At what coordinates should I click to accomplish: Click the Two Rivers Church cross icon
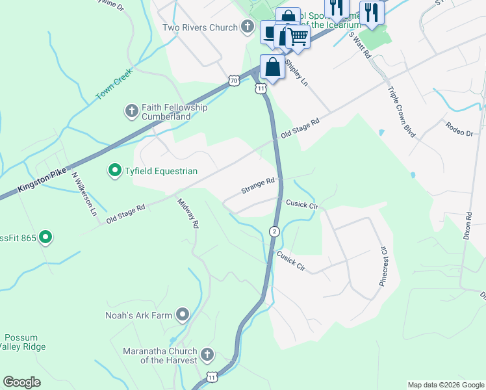click(247, 27)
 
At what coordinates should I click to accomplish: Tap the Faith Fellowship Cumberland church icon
click(132, 111)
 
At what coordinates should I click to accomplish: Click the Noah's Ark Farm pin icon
click(183, 315)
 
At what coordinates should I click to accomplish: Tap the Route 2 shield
click(275, 231)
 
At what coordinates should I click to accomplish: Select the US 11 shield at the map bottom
click(212, 377)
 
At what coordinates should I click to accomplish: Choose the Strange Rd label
click(258, 187)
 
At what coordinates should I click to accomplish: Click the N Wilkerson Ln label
click(84, 194)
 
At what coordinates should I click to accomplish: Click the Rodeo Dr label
click(459, 128)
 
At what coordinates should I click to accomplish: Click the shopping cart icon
click(298, 38)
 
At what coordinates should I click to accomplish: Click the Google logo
click(22, 382)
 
